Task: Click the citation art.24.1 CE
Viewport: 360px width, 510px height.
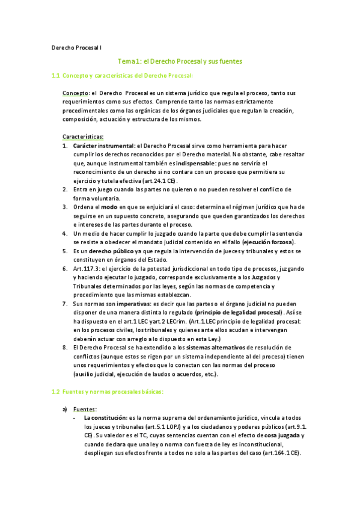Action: point(159,180)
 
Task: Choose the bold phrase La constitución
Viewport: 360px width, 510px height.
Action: point(105,417)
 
